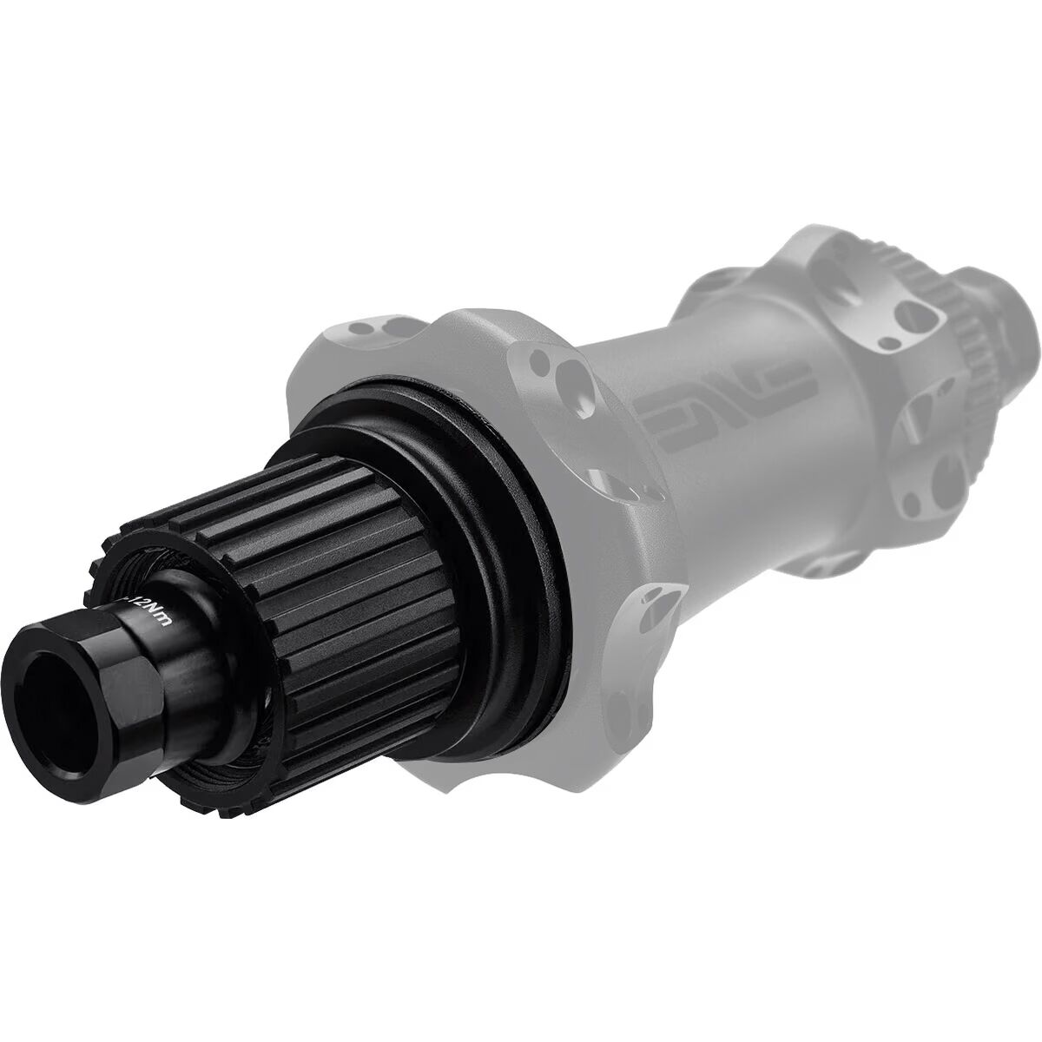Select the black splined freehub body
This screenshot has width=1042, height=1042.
click(287, 556)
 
